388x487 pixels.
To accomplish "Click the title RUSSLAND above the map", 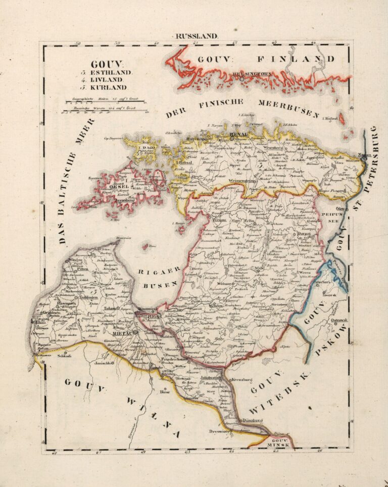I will pos(196,36).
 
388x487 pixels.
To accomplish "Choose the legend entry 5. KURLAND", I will pos(108,87).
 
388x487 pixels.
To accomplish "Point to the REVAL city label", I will pos(238,134).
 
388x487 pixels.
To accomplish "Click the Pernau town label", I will pos(219,221).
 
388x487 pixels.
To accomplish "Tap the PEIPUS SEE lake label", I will pos(331,218).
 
